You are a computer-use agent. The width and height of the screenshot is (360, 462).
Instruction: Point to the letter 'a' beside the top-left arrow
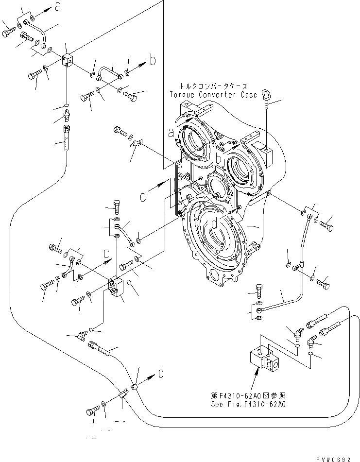[58, 8]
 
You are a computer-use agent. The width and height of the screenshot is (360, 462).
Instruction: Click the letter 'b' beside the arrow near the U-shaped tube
[153, 61]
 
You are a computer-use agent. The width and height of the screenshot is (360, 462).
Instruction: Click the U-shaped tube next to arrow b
[109, 71]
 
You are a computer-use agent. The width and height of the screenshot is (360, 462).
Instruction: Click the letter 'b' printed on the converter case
[219, 159]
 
